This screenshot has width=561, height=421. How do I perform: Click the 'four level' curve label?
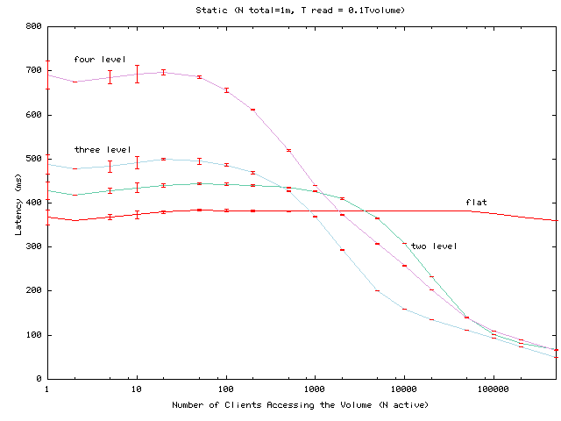pos(95,59)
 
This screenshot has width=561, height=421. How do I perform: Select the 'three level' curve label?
pos(102,150)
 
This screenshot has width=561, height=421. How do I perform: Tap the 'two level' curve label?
pos(434,246)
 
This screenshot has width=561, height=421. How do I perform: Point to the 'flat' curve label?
pos(476,203)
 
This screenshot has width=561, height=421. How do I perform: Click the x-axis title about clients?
pos(302,405)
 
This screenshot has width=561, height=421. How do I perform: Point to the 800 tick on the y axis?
pos(33,26)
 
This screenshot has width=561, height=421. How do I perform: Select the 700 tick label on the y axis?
pos(33,70)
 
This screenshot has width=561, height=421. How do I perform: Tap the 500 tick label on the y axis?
pos(33,159)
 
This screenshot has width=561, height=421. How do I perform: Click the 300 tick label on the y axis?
pos(33,246)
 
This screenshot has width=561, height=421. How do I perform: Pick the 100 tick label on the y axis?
pos(33,335)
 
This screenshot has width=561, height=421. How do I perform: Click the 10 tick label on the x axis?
pos(136,388)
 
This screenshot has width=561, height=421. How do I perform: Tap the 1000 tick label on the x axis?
pos(314,388)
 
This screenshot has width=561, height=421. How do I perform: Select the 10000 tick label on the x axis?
pos(403,388)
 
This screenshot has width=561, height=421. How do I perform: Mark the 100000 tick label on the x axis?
pos(493,388)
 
